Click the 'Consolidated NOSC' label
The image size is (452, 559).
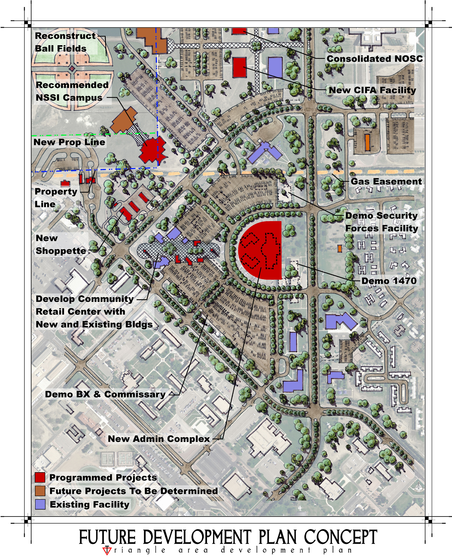(375, 59)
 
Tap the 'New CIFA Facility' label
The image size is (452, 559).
(372, 90)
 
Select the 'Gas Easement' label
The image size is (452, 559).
(386, 181)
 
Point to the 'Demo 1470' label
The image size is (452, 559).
(389, 281)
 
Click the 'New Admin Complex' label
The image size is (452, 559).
(159, 439)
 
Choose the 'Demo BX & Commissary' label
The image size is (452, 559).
(105, 394)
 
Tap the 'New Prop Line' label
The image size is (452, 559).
(69, 142)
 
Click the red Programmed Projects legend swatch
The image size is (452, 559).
(40, 477)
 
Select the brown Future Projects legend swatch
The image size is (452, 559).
(40, 491)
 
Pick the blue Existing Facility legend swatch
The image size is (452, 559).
(40, 504)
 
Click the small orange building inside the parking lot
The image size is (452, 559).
(367, 142)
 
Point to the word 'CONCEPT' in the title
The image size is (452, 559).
(341, 537)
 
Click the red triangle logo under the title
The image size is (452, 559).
(107, 550)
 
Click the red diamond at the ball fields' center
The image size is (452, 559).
(72, 68)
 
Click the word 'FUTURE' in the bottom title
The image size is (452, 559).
(107, 537)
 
